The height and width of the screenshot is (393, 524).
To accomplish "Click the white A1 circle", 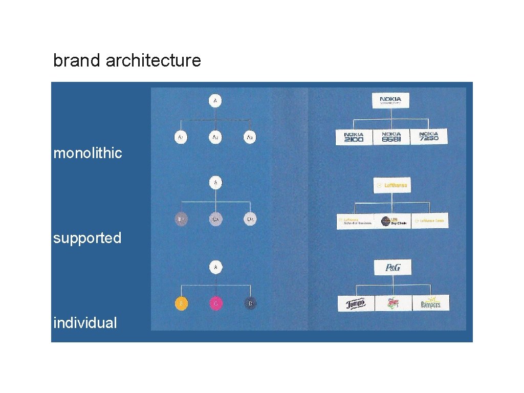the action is [x=180, y=137].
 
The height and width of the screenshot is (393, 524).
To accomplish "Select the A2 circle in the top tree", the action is [x=215, y=137].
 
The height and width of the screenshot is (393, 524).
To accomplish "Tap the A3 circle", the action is [x=249, y=137].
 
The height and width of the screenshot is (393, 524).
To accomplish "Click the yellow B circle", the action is [x=180, y=303].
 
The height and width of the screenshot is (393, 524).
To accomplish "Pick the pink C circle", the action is [x=215, y=303].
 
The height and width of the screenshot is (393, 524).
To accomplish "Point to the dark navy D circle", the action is [x=250, y=303].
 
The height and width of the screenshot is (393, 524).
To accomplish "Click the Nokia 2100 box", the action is [x=354, y=137].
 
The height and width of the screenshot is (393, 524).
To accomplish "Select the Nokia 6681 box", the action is [x=391, y=137].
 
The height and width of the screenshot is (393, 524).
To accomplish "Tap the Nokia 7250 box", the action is [x=429, y=137].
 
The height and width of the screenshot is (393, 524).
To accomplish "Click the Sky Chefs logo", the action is [x=392, y=221].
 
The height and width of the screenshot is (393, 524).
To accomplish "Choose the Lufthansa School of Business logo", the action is [x=355, y=221].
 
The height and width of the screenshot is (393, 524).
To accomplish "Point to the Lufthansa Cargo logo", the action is [x=430, y=221].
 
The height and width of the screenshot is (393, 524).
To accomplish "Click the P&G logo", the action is [x=392, y=267].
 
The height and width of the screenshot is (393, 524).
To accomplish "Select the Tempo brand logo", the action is [x=356, y=303].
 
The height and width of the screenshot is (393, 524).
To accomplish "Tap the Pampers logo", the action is [x=430, y=303].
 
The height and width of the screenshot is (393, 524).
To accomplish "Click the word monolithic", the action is [x=88, y=153].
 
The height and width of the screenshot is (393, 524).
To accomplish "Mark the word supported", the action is [x=87, y=238].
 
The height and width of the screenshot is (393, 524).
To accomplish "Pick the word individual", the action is [x=85, y=323].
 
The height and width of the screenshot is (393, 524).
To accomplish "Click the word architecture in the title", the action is [x=153, y=61].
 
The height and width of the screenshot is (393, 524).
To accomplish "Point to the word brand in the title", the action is [x=77, y=61].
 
